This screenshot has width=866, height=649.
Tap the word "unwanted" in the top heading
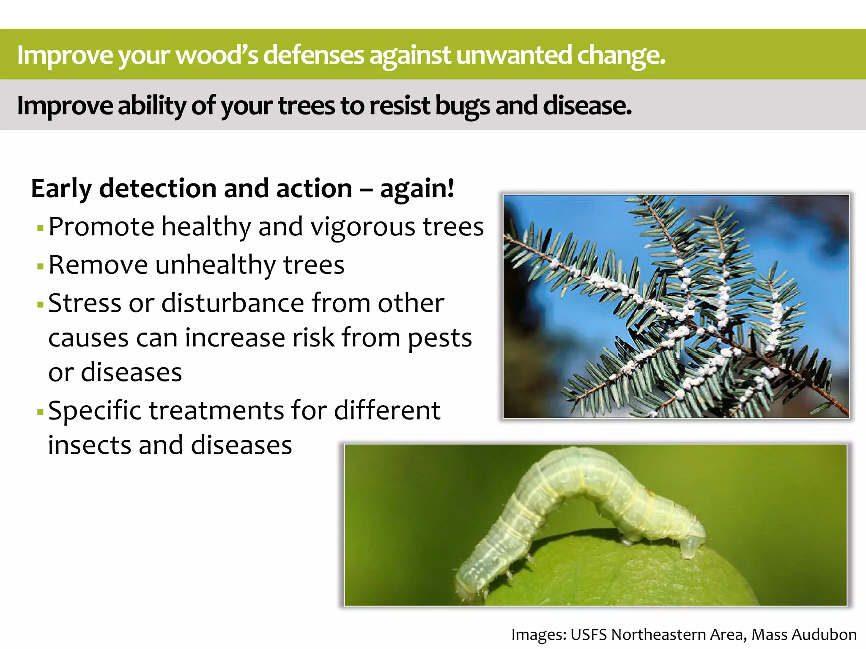(514, 55)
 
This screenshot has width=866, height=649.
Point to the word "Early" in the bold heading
(61, 188)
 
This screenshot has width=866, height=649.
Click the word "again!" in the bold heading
(417, 188)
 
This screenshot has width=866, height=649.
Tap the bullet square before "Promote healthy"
(41, 229)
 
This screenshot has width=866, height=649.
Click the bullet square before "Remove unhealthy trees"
(41, 267)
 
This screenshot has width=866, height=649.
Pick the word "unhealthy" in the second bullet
(215, 265)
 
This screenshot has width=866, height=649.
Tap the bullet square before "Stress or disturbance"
(41, 305)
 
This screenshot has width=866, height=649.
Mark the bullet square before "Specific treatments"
(41, 412)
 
